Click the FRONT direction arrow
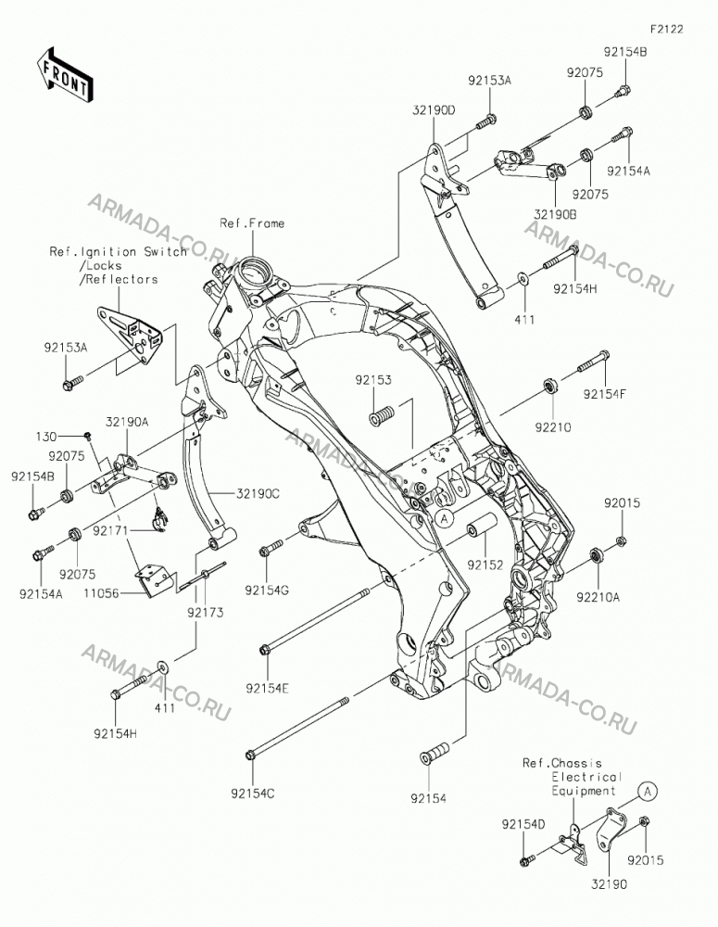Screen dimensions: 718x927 pyautogui.click(x=64, y=75)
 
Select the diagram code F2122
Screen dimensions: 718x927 pyautogui.click(x=667, y=29)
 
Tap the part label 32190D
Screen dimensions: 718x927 pyautogui.click(x=435, y=110)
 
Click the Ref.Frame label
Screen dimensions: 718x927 pyautogui.click(x=252, y=222)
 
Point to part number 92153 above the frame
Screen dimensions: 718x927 pyautogui.click(x=373, y=379)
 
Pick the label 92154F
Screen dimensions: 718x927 pyautogui.click(x=605, y=395)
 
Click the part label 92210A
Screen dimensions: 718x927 pyautogui.click(x=598, y=597)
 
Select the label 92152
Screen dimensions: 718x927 pyautogui.click(x=485, y=565)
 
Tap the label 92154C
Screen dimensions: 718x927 pyautogui.click(x=253, y=794)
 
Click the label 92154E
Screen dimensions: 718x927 pyautogui.click(x=268, y=688)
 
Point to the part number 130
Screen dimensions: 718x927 pyautogui.click(x=46, y=437)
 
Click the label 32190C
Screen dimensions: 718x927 pyautogui.click(x=258, y=492)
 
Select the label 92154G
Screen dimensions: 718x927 pyautogui.click(x=267, y=590)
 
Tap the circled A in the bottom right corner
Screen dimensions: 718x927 pyautogui.click(x=648, y=791)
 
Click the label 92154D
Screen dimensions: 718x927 pyautogui.click(x=523, y=824)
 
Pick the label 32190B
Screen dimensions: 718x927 pyautogui.click(x=556, y=213)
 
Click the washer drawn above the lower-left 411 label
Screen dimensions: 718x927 pyautogui.click(x=161, y=668)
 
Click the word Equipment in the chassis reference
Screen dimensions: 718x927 pyautogui.click(x=584, y=791)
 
